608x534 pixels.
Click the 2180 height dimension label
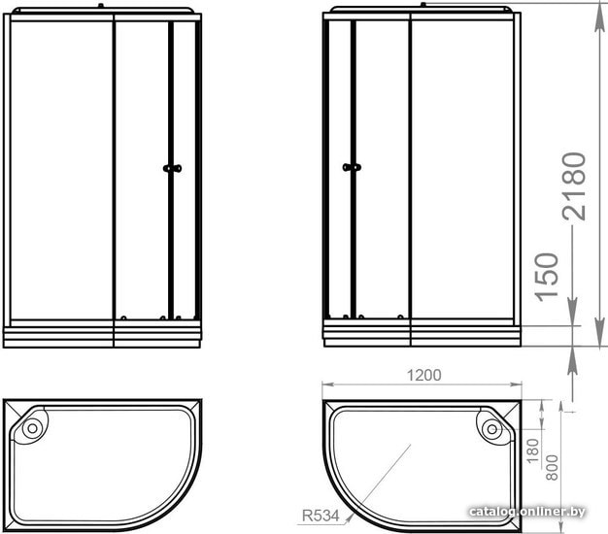coord(574,186)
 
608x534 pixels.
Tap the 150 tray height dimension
coord(547,277)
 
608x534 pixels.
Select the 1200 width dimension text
coord(423,375)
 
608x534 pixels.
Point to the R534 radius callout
coord(321,516)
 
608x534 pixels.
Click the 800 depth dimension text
coord(552,468)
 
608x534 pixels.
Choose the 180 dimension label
coord(533,451)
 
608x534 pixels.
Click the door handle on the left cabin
coord(172,168)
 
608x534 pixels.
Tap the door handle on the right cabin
coord(353,167)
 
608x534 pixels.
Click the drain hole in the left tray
coord(32,428)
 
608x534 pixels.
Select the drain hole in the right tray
coord(492,429)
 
